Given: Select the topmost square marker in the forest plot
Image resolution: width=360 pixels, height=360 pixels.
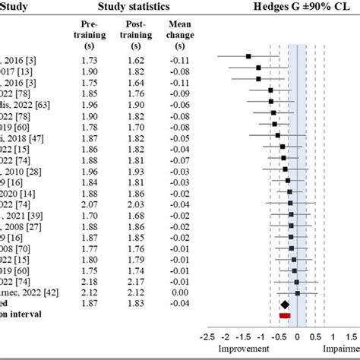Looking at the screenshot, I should (x=248, y=56).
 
